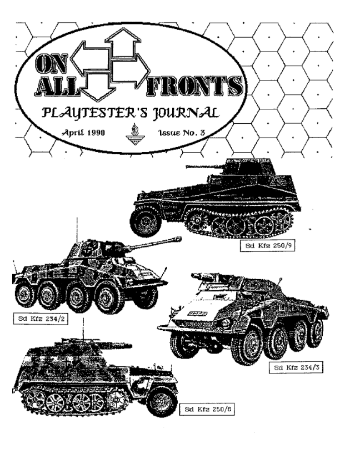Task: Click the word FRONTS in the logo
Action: (194, 86)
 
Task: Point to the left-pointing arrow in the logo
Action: (91, 56)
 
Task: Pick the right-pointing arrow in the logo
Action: (131, 70)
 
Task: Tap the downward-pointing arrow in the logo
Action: (98, 87)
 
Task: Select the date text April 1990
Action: (83, 133)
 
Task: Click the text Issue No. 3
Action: (182, 133)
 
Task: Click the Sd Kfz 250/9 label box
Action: (267, 246)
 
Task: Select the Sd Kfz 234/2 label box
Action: (41, 319)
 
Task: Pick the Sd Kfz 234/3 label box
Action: (296, 367)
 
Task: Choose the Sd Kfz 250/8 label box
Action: (207, 409)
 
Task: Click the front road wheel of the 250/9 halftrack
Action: (146, 223)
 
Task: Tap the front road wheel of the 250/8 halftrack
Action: (162, 402)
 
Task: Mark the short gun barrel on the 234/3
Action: (207, 277)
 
